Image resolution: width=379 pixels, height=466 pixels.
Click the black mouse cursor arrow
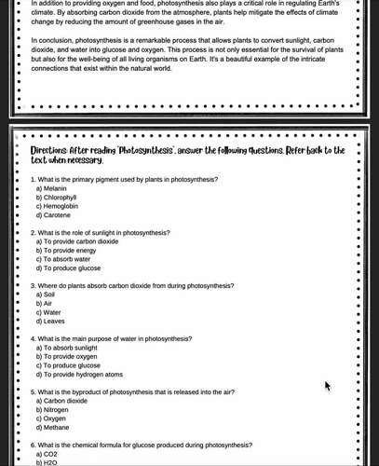(327, 385)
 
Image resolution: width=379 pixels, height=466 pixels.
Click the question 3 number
(34, 285)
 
